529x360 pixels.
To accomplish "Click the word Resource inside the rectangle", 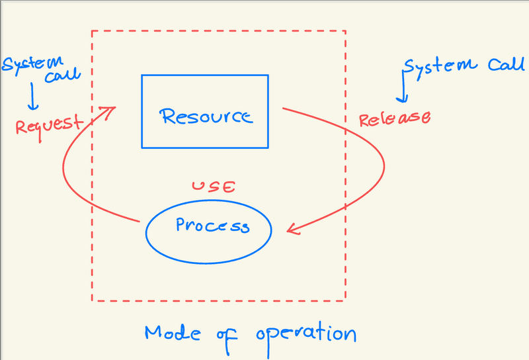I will pyautogui.click(x=206, y=117).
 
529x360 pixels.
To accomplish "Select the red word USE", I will pyautogui.click(x=213, y=187).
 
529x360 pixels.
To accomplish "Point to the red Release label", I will pyautogui.click(x=394, y=118).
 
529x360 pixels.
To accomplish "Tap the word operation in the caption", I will pyautogui.click(x=305, y=333).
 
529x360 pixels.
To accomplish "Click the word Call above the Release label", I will pyautogui.click(x=506, y=64).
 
